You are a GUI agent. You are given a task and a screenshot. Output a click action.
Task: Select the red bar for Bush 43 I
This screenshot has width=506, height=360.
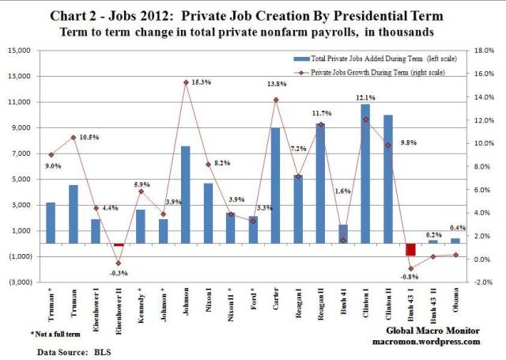410,250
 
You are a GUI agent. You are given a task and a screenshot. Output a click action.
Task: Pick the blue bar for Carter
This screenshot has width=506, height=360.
275,186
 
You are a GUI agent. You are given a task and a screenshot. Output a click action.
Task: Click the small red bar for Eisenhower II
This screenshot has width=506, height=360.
118,245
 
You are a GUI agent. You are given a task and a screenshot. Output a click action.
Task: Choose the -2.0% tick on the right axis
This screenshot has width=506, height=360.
483,282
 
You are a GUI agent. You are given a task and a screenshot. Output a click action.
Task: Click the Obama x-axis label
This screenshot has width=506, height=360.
456,303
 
